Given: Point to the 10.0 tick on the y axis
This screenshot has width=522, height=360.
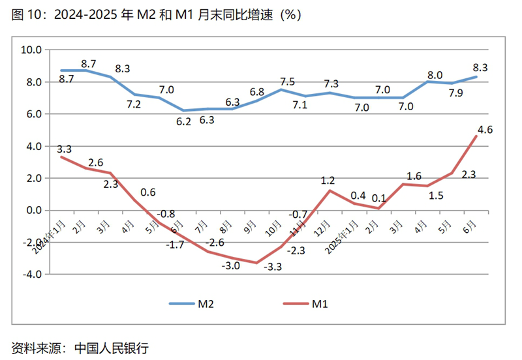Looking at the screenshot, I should point(31,50).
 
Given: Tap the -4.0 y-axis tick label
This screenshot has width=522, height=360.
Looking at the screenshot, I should point(31,274).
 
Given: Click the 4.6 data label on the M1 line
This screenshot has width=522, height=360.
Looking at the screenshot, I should point(485,130).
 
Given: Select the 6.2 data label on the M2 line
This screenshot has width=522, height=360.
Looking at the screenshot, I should point(185,121).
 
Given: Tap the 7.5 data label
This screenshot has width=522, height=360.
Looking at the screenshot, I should point(287,82).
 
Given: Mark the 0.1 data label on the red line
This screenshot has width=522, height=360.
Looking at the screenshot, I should point(378,198).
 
